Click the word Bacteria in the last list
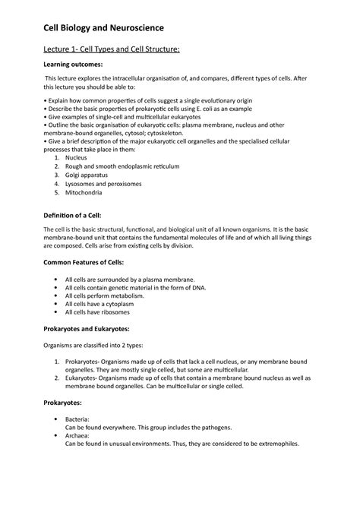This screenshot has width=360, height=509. (78, 419)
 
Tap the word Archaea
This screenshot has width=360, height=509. (78, 436)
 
